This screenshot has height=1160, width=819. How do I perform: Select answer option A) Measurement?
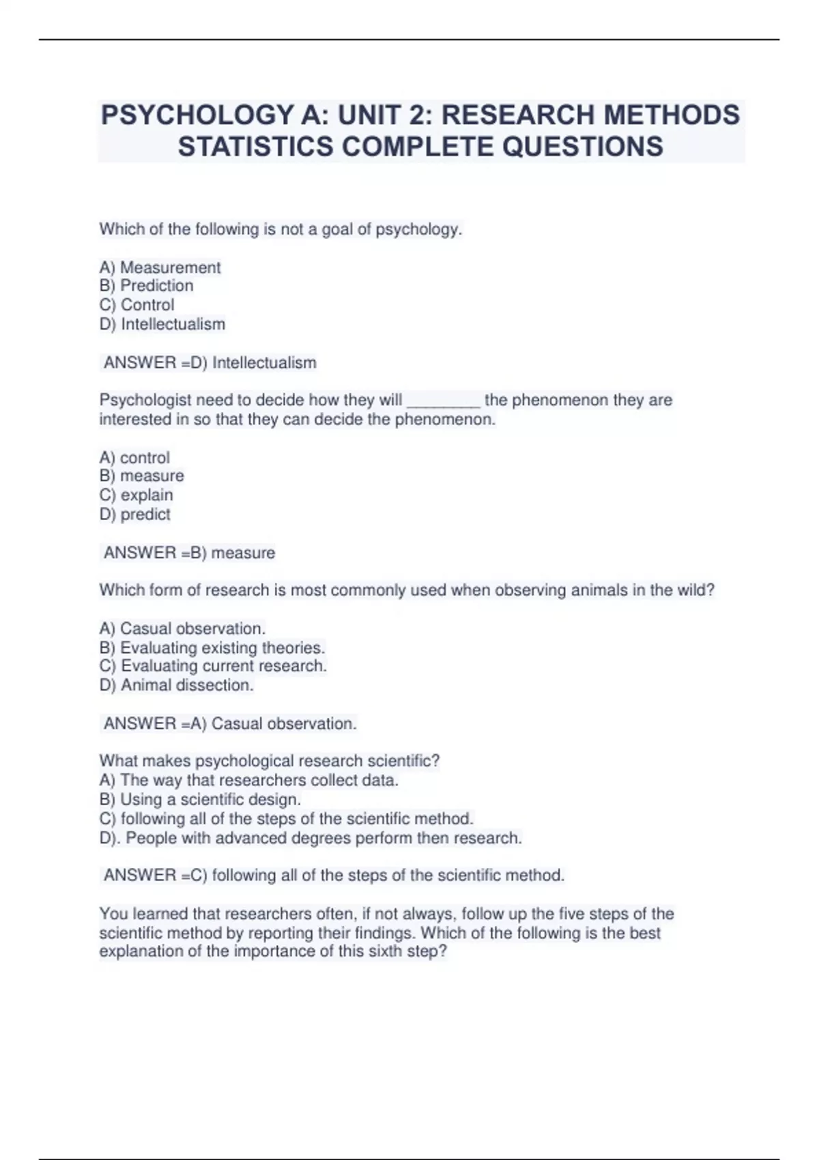tap(160, 267)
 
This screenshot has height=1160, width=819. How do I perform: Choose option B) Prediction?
tap(146, 286)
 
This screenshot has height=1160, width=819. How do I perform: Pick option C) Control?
tap(136, 305)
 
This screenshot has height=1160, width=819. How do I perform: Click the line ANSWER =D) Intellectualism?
tap(210, 363)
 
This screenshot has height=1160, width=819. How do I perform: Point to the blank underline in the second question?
tap(444, 401)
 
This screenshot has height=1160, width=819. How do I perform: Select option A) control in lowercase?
tap(134, 458)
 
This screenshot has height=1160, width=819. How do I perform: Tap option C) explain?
tap(136, 495)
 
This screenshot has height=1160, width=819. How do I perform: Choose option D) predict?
tap(134, 514)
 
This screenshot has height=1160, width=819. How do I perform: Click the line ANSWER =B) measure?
tap(189, 553)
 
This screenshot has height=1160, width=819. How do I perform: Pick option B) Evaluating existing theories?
tap(212, 648)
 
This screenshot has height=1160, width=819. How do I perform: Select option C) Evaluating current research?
tap(213, 666)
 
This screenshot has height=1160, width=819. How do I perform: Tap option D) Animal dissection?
tap(176, 685)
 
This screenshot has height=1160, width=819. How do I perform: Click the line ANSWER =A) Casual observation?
tap(229, 724)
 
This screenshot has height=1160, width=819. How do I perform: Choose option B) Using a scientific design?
tap(200, 800)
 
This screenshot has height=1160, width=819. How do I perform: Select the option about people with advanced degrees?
tap(311, 838)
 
